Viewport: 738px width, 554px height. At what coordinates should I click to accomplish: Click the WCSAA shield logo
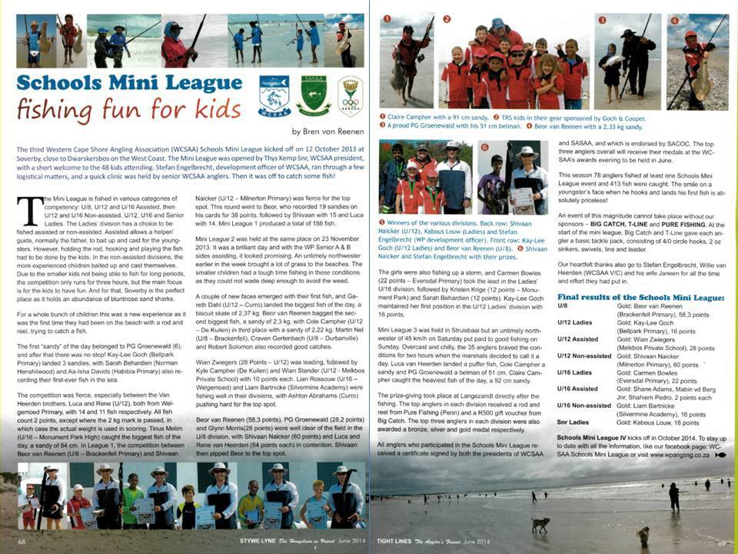(274, 95)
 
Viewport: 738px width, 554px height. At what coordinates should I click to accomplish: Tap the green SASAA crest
(313, 95)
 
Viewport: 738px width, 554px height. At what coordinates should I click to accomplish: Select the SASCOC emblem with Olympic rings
(350, 95)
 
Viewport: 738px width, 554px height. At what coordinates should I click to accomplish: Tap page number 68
(22, 542)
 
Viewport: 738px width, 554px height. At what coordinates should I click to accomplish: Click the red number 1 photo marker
(387, 18)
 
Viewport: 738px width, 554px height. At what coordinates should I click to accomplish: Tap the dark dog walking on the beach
(542, 524)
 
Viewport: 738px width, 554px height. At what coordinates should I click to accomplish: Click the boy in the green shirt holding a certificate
(133, 500)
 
